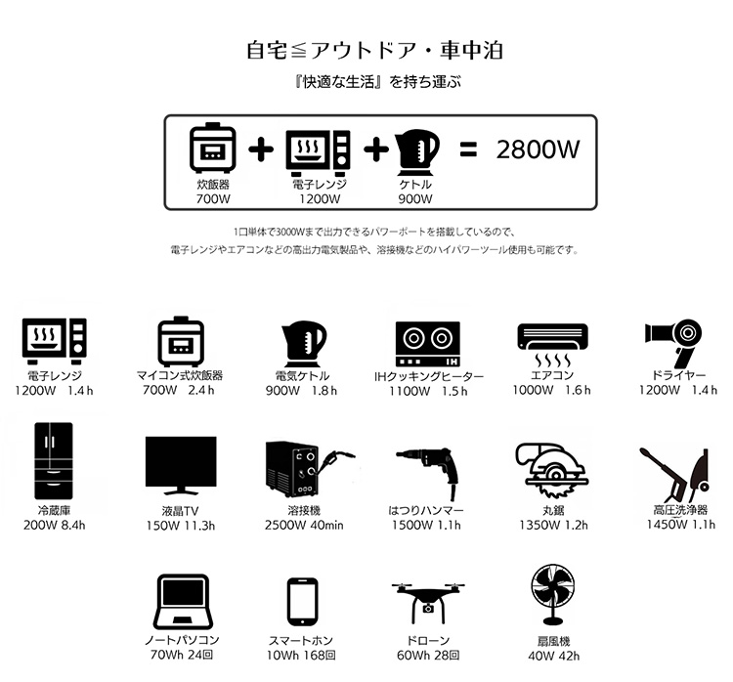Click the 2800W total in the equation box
point(538,149)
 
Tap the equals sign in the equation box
point(468,149)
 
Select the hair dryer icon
point(673,343)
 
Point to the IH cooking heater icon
point(428,344)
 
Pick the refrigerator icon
point(54,461)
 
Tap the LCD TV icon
point(181,465)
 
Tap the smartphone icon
point(302,602)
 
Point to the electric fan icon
point(552,595)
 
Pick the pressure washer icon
point(675,472)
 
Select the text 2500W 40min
point(304,526)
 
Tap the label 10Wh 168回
point(301,656)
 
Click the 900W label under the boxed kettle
point(415,198)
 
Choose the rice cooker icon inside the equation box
point(213,149)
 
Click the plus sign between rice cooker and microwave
point(261,149)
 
